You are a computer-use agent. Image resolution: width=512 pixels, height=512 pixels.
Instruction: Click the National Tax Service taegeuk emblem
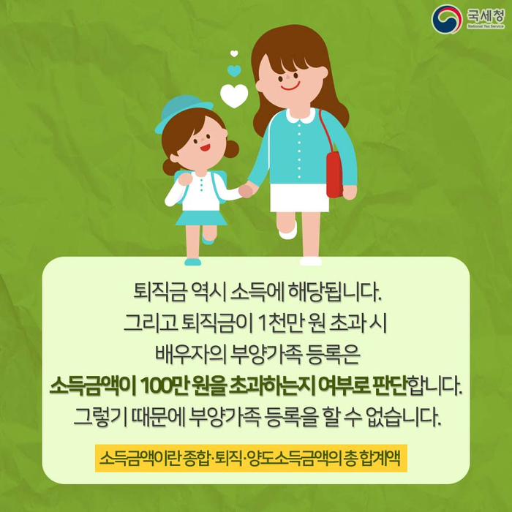(x=447, y=19)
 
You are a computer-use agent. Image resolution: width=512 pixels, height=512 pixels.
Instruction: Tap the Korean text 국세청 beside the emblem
(x=485, y=15)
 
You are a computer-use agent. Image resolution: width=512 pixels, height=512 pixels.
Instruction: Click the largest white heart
(x=234, y=96)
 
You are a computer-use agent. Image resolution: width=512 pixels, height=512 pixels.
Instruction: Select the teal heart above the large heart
(x=234, y=70)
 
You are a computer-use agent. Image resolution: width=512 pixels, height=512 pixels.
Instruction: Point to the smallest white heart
(x=234, y=53)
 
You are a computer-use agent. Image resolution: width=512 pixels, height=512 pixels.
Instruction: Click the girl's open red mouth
(x=205, y=148)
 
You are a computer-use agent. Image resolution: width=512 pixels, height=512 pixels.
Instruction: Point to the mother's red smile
(x=290, y=87)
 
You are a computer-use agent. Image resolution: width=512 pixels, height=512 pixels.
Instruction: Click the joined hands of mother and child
(x=247, y=190)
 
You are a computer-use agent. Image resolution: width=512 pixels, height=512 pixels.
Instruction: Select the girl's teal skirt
(x=201, y=218)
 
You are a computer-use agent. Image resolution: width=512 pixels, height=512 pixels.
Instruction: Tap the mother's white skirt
(x=299, y=197)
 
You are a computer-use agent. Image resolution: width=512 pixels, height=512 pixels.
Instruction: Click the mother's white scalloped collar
(x=301, y=116)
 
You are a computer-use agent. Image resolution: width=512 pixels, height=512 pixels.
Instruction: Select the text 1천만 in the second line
(x=279, y=323)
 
